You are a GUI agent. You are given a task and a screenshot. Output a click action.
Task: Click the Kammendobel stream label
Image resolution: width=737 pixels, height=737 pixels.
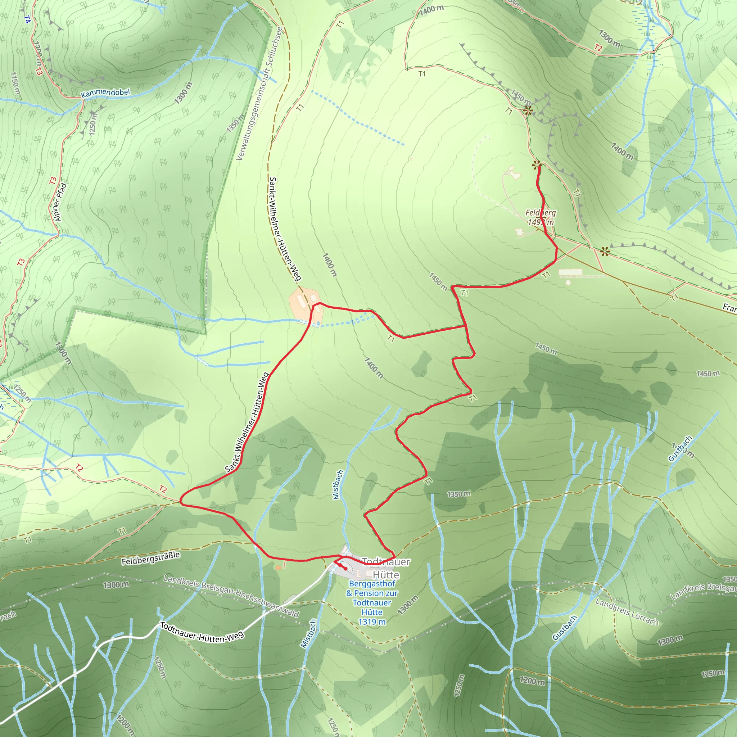[106, 93]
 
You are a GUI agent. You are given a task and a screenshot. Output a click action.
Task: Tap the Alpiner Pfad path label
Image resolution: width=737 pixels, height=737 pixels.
[61, 202]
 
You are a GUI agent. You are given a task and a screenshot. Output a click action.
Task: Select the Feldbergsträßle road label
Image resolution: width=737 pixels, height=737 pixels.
[151, 558]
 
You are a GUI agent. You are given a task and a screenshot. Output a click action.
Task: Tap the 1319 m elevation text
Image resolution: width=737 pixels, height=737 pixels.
[372, 622]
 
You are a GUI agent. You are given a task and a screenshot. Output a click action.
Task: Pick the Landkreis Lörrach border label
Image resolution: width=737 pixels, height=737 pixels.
[627, 612]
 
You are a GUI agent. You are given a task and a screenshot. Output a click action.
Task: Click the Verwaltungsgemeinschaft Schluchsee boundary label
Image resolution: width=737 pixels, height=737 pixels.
[259, 94]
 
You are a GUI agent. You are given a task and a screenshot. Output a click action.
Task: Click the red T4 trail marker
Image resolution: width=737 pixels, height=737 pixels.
[27, 19]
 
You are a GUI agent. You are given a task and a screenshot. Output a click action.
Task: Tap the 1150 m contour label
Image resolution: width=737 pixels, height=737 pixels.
[15, 83]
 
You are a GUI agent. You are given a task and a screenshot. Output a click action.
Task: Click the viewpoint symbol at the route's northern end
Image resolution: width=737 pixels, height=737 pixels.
[536, 165]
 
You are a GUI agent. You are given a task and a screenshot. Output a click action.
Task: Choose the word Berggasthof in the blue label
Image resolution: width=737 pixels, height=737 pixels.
[372, 584]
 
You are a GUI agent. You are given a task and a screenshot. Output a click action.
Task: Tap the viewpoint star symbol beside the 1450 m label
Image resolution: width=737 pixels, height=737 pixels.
[528, 111]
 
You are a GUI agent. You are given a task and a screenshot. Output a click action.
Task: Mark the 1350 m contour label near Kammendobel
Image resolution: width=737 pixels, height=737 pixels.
[235, 123]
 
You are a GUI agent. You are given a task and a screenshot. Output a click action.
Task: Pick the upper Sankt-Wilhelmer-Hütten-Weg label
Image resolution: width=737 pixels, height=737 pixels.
[285, 229]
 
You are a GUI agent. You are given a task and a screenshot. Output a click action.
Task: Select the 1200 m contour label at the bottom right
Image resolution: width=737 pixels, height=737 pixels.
[532, 681]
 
